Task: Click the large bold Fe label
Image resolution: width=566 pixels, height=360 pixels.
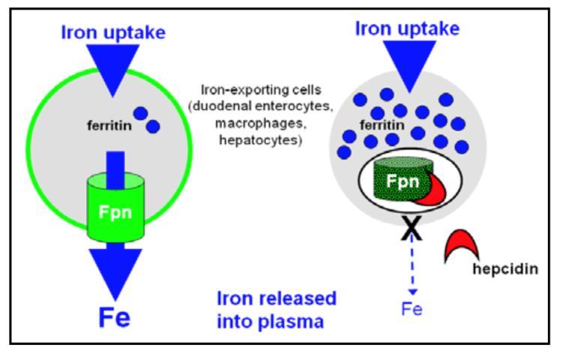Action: (115, 317)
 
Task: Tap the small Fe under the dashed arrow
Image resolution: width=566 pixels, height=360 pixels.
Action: (412, 310)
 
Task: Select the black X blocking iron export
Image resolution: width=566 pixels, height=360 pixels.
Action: (412, 229)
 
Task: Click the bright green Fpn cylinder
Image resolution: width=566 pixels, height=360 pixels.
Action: (115, 207)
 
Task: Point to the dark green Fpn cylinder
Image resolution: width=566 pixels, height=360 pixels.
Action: (403, 179)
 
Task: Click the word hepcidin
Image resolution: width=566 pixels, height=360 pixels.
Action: (505, 269)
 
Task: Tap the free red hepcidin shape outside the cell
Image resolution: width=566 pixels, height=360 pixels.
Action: (461, 244)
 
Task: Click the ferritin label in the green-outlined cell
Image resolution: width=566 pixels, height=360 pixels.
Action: (109, 126)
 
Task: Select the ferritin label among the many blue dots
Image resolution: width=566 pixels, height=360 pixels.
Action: (382, 125)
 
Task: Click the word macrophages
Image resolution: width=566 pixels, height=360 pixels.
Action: (260, 124)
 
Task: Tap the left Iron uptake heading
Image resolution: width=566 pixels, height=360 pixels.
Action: (113, 33)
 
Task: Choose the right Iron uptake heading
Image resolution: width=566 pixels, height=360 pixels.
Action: (407, 29)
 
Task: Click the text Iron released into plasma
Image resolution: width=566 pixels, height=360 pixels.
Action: (276, 310)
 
